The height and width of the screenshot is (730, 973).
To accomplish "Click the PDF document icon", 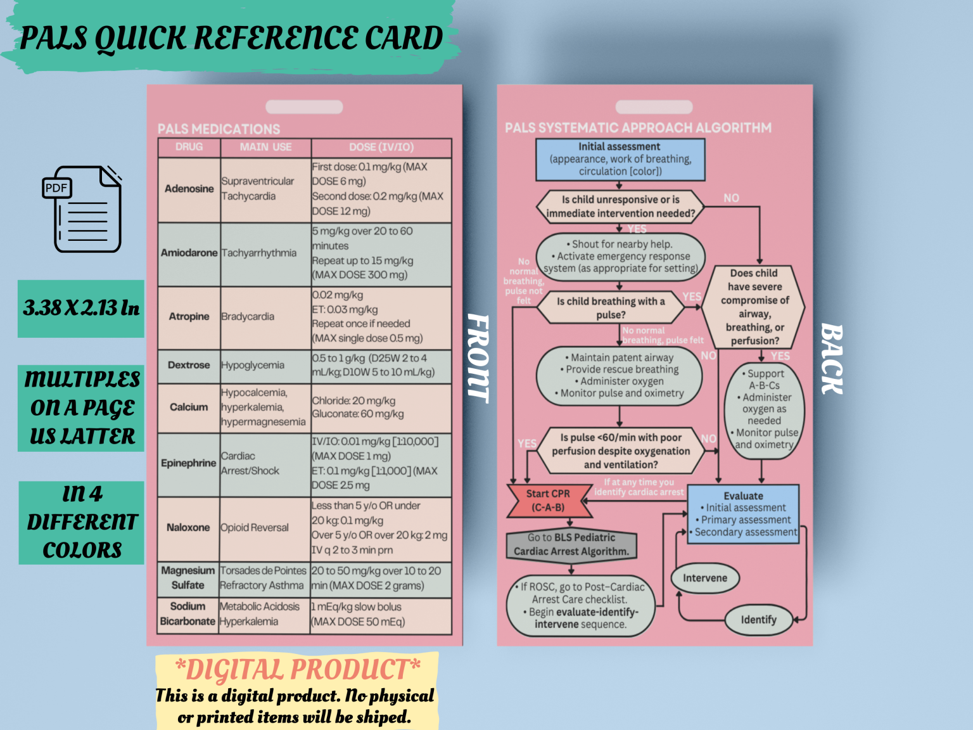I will tap(82, 209).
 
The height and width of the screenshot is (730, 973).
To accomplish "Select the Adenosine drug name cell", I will tap(189, 189).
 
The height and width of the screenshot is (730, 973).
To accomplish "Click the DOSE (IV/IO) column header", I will tap(381, 147).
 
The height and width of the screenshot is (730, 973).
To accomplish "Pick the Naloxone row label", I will tap(188, 527).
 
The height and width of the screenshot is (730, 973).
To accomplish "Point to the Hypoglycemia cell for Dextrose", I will tap(253, 365).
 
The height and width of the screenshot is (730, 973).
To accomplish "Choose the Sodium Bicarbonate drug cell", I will tap(188, 613).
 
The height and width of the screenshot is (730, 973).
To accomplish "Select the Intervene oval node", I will tap(704, 578).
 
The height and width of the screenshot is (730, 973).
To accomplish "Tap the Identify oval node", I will tap(758, 620).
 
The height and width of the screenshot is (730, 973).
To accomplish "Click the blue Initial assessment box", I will tap(620, 159).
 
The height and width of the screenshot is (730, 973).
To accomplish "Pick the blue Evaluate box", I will tap(743, 514).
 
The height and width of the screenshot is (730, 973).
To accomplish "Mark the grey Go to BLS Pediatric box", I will tap(571, 544).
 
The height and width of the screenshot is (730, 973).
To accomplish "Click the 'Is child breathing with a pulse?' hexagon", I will tap(611, 308).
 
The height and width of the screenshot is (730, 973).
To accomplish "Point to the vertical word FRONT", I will tap(478, 358).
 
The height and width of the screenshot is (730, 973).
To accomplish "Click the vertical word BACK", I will tap(832, 359).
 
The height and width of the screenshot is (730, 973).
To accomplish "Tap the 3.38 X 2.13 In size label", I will tap(81, 309).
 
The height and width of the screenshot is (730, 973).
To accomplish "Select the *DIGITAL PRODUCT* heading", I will tap(297, 669).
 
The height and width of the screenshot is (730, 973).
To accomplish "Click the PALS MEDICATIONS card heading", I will tap(219, 129).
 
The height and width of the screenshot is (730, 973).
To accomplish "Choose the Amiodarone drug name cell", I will tap(189, 253).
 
